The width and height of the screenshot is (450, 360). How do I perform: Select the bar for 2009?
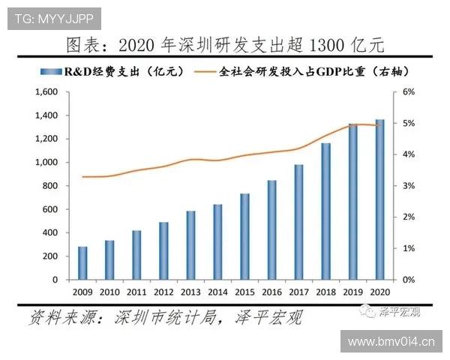(x=82, y=262)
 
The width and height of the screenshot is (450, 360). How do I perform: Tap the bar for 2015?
(x=244, y=236)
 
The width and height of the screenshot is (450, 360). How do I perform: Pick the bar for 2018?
(x=325, y=211)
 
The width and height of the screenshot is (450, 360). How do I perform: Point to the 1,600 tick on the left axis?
(x=46, y=92)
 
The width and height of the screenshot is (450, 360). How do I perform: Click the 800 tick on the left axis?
(x=50, y=186)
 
